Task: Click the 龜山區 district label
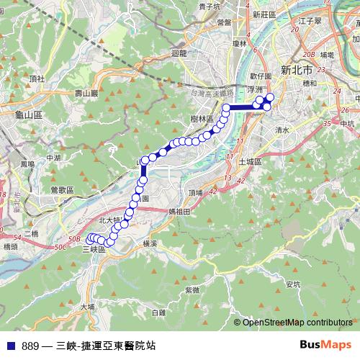click(x=30, y=114)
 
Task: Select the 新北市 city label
click(x=296, y=71)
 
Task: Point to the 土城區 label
click(x=251, y=161)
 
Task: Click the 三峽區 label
click(x=94, y=249)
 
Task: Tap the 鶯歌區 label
click(x=63, y=189)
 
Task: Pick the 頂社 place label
click(x=37, y=77)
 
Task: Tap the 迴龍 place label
click(x=179, y=53)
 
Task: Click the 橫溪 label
click(x=150, y=244)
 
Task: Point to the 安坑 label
click(x=292, y=284)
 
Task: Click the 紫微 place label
click(x=192, y=289)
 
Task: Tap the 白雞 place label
click(x=158, y=312)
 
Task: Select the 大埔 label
click(x=88, y=306)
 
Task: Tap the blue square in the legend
click(x=10, y=346)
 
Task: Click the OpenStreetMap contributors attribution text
click(x=297, y=323)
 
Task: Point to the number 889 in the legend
click(x=30, y=346)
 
